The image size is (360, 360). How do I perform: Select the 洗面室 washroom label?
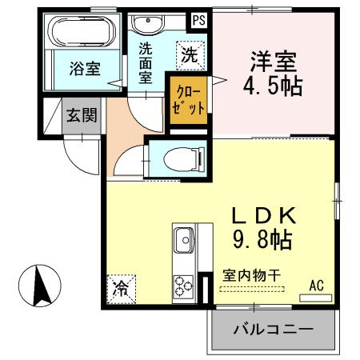coord(145,63)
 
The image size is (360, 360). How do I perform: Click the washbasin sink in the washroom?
coord(146,24)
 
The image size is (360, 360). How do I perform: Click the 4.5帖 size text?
coord(272,85)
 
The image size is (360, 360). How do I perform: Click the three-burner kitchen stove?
coord(183,284)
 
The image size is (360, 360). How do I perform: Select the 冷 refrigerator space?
coord(121,286)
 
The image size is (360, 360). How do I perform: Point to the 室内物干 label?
coord(251,274)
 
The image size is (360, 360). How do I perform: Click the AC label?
coord(316,285)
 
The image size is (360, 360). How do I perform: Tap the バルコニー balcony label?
coord(272,329)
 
